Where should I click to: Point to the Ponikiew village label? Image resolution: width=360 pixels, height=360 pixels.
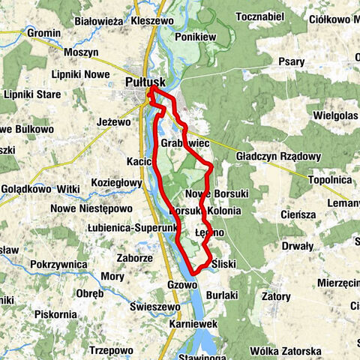[x=196, y=36]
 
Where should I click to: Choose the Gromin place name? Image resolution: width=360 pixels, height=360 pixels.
[x=43, y=34]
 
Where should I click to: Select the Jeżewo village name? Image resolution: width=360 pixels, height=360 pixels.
[x=114, y=118]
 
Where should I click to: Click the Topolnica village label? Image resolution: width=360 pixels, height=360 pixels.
[x=328, y=180]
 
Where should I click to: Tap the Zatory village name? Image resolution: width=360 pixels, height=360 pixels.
[x=275, y=296]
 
